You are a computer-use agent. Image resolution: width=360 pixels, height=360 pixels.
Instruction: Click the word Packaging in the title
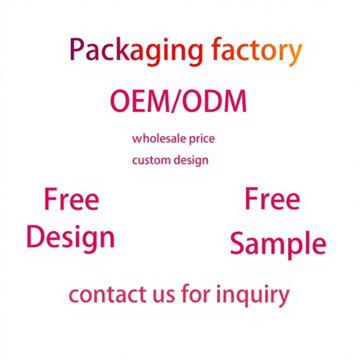click(x=136, y=51)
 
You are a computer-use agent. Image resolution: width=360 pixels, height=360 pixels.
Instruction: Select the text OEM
click(x=140, y=102)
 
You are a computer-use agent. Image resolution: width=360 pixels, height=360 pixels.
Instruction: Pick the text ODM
click(x=215, y=102)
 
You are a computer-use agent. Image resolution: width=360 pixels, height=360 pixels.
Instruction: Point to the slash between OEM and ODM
click(x=178, y=102)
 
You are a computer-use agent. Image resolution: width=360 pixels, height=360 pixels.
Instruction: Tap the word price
click(x=201, y=138)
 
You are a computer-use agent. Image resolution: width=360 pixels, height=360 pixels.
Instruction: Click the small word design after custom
click(x=191, y=161)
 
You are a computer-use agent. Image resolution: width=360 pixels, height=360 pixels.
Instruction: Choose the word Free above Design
click(x=71, y=200)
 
